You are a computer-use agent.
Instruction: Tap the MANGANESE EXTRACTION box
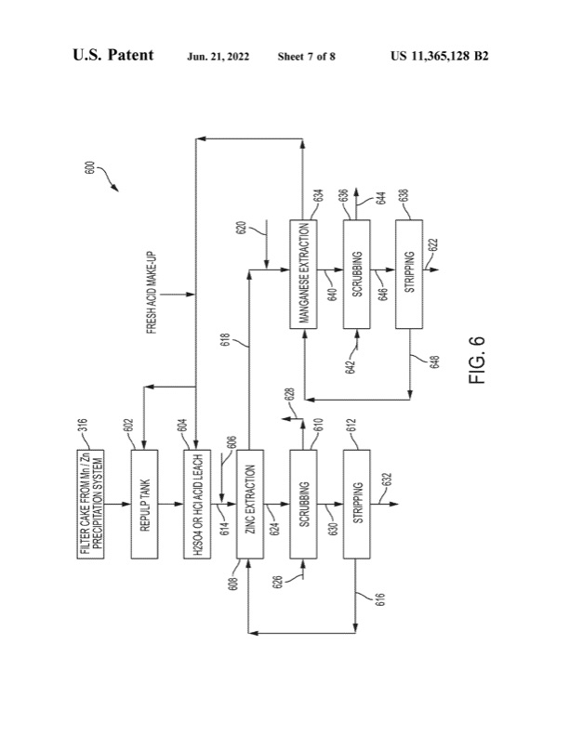tap(304, 274)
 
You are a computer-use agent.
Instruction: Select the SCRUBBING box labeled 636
tap(357, 274)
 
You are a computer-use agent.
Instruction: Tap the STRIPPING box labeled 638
tap(409, 274)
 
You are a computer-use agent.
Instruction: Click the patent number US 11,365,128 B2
tap(440, 56)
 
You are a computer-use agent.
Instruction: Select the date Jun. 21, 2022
tap(224, 57)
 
